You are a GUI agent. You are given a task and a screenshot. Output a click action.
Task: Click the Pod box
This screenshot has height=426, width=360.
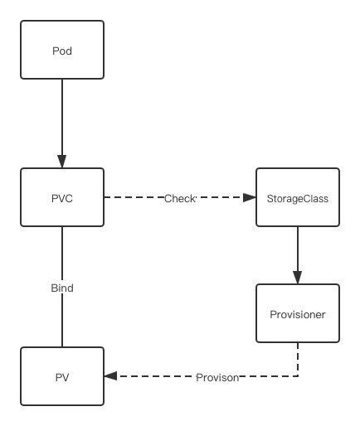[62, 50]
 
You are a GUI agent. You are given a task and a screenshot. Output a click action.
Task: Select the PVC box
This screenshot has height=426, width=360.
[62, 197]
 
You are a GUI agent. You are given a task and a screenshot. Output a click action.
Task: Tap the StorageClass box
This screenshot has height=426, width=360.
[298, 197]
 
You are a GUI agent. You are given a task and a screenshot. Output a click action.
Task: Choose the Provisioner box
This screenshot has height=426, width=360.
[298, 313]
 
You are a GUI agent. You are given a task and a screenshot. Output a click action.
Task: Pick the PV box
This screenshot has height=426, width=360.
[62, 376]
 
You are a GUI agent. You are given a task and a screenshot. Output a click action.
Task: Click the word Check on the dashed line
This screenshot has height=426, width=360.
[180, 199]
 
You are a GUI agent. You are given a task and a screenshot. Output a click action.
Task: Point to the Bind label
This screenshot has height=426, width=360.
[62, 288]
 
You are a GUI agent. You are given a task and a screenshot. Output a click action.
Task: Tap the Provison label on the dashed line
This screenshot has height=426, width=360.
[217, 378]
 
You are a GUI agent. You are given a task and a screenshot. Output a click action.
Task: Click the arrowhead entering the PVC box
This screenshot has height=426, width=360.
[62, 162]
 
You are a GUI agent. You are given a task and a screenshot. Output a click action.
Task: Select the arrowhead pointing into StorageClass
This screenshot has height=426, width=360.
[250, 197]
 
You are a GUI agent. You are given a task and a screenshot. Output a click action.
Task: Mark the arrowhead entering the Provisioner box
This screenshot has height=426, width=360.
[298, 278]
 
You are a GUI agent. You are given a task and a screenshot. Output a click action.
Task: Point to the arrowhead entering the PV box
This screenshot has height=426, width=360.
[110, 376]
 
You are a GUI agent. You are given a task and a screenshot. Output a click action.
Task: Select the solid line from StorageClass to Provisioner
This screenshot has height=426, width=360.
[298, 255]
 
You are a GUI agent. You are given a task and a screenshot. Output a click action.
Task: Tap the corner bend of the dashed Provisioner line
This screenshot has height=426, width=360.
[298, 376]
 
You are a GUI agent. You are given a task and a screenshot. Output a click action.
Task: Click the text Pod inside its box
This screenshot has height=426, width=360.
[62, 51]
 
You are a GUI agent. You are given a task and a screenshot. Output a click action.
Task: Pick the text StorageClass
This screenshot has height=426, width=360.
[298, 199]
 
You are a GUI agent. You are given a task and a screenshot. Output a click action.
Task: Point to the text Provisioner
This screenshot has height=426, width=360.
[298, 315]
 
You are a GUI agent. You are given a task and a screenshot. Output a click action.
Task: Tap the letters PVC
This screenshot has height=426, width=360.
[62, 199]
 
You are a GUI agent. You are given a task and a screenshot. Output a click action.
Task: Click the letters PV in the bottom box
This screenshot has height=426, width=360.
[62, 378]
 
